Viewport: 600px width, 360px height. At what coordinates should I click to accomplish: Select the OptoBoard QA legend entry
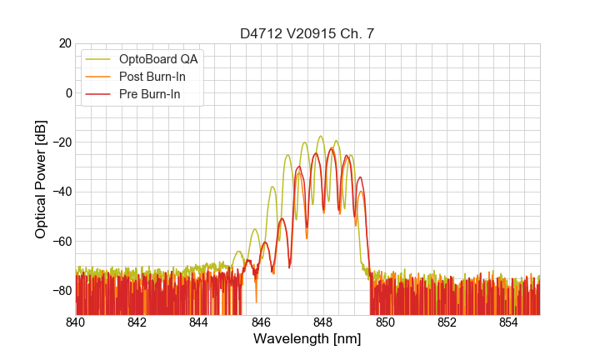click(158, 59)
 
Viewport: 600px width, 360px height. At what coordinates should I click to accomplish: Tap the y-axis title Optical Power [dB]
click(41, 179)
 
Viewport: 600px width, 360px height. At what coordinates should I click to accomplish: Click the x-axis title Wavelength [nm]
click(308, 339)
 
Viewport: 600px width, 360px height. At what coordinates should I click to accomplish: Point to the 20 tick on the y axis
click(64, 43)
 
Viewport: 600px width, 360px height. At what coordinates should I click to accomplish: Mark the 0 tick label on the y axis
click(67, 92)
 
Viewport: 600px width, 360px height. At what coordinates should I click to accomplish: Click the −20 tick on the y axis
click(60, 142)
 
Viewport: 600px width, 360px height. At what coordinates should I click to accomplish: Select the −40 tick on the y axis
click(60, 192)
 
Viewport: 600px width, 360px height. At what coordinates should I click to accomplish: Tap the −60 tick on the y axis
click(60, 241)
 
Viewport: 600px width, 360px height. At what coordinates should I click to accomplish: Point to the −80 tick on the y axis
click(60, 290)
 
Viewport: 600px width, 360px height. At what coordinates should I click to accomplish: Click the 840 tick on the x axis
click(76, 322)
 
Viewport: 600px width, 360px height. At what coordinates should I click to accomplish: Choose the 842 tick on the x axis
click(137, 322)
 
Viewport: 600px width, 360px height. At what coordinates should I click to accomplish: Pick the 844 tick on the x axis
click(199, 322)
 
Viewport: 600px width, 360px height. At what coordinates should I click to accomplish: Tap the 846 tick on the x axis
click(262, 322)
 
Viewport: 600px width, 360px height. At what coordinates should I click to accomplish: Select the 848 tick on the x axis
click(323, 322)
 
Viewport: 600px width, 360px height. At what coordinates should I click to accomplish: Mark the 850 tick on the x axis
click(385, 322)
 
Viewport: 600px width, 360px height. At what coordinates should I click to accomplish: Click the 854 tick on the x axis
click(509, 322)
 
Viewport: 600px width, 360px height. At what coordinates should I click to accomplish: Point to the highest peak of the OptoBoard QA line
click(320, 136)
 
